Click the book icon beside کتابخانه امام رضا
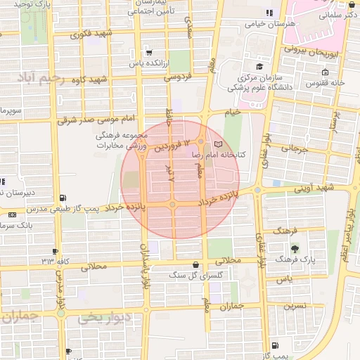pos(216,144)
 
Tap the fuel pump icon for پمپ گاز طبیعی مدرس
pos(64,198)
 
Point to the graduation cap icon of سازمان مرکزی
pos(259,67)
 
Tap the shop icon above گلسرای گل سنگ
pos(195,265)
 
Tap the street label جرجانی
pos(295,149)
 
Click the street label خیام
pos(232,111)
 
